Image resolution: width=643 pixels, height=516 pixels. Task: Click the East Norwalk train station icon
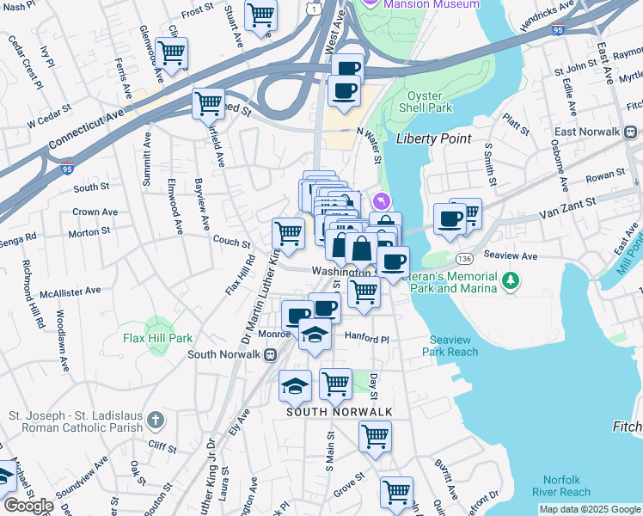click(630, 132)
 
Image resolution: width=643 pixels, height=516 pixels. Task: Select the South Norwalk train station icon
click(270, 353)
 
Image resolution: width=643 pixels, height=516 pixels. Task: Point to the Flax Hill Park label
click(158, 338)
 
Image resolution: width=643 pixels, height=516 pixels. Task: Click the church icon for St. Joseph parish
click(155, 420)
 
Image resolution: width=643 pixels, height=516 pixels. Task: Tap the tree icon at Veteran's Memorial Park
click(511, 280)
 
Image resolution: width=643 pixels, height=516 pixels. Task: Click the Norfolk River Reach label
click(566, 486)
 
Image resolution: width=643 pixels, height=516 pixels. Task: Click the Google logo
click(28, 506)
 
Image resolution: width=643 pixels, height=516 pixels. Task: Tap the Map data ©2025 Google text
click(589, 509)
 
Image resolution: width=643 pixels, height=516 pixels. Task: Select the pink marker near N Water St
click(382, 201)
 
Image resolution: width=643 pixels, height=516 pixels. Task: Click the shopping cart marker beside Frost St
click(260, 15)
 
